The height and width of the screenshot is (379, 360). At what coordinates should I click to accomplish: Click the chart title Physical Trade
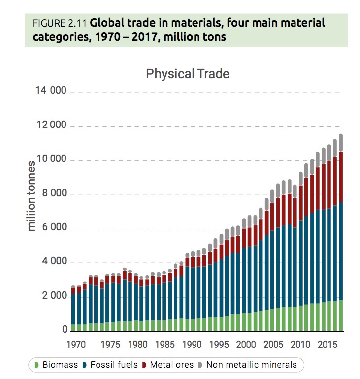(188, 74)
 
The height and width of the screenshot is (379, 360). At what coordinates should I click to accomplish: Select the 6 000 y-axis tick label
(51, 228)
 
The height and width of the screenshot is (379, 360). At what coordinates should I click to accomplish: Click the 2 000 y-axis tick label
(51, 296)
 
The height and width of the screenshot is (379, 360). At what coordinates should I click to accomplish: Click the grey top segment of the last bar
(340, 143)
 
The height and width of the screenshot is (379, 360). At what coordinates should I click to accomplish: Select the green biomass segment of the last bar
(340, 315)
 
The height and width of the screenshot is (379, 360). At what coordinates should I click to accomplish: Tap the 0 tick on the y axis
(65, 330)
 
